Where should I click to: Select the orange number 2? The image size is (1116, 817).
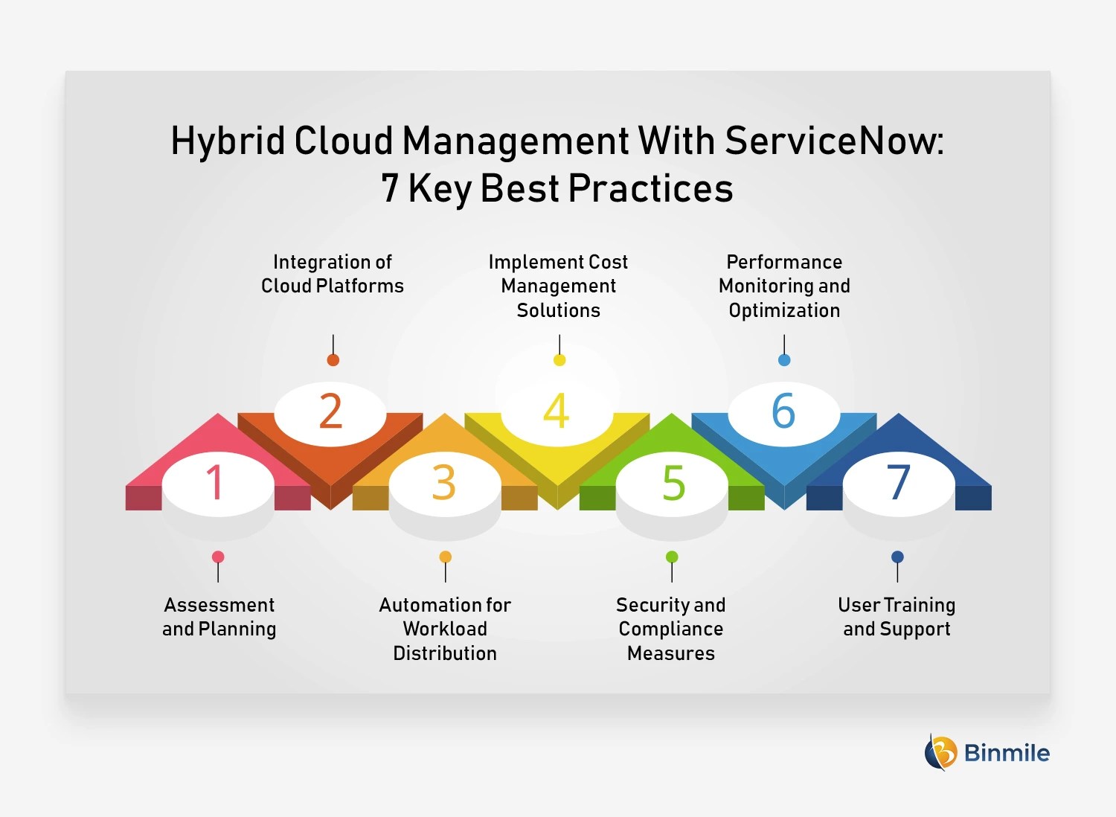tap(330, 411)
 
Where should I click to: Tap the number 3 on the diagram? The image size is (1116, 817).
tap(444, 483)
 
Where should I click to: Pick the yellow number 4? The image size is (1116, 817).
tap(557, 411)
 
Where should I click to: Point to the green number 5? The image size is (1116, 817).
tap(673, 483)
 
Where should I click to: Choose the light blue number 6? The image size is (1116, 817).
tap(783, 411)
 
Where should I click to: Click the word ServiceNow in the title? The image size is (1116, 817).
tap(833, 141)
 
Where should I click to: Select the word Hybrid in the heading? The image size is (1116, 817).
tap(228, 141)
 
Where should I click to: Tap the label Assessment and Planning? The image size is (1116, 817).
tap(219, 617)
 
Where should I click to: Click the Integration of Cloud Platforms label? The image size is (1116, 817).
tap(333, 274)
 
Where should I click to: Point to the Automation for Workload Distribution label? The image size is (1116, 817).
tap(445, 629)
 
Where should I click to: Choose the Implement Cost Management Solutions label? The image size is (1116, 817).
tap(559, 286)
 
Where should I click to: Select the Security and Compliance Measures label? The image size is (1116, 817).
tap(671, 629)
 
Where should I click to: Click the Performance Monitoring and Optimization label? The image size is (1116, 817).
tap(784, 286)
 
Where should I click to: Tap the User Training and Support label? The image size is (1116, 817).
tap(897, 617)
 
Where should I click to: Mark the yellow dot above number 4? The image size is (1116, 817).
tap(559, 360)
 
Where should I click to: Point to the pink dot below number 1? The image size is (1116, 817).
tap(218, 557)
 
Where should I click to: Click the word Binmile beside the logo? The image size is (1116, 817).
tap(1007, 753)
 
